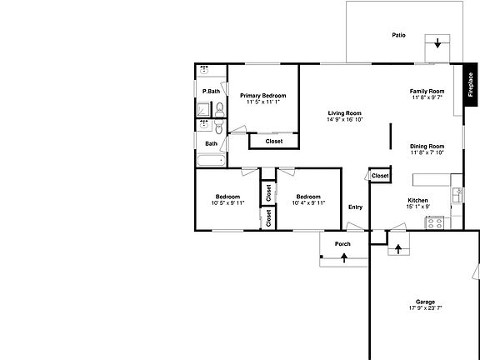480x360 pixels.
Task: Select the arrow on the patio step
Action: pyautogui.click(x=437, y=44)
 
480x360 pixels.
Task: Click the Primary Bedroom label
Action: pyautogui.click(x=263, y=96)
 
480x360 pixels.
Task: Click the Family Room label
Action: pyautogui.click(x=427, y=91)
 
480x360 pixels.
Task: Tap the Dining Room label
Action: pyautogui.click(x=427, y=146)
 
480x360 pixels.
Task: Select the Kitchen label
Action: pyautogui.click(x=417, y=200)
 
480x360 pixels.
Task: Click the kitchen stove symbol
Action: pyautogui.click(x=434, y=222)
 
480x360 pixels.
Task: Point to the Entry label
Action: pyautogui.click(x=355, y=207)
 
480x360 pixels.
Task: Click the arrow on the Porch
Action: pyautogui.click(x=343, y=259)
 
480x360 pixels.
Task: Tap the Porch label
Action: pyautogui.click(x=342, y=244)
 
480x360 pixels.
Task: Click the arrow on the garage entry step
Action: pyautogui.click(x=398, y=247)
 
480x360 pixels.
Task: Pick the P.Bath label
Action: pyautogui.click(x=211, y=91)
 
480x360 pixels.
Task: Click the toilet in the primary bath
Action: pyautogui.click(x=218, y=109)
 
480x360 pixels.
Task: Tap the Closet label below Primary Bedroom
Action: pyautogui.click(x=273, y=141)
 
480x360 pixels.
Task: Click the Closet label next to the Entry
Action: pyautogui.click(x=380, y=176)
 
